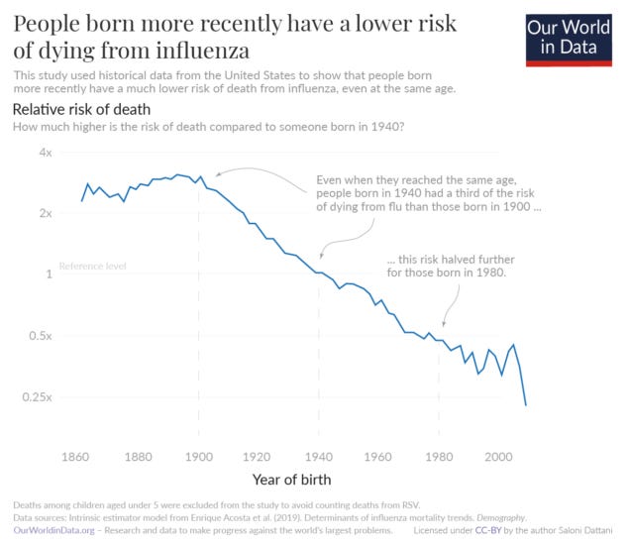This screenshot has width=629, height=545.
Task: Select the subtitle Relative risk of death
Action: tap(81, 109)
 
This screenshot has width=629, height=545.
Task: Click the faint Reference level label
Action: tap(92, 267)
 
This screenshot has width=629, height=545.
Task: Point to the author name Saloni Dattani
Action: tap(579, 531)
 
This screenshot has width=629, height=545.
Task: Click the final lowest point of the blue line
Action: tap(525, 405)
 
